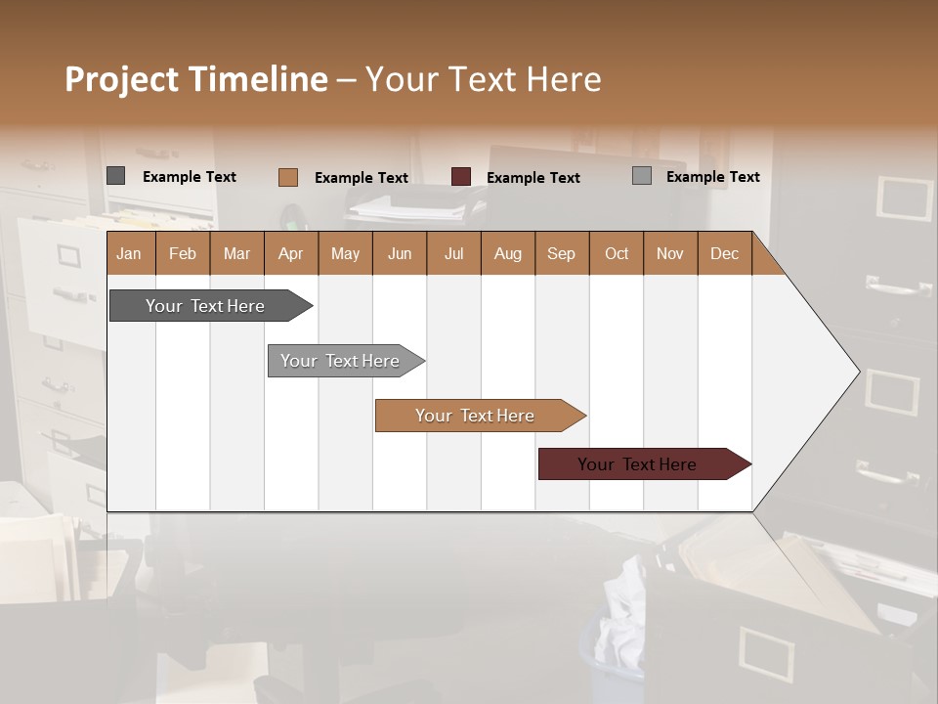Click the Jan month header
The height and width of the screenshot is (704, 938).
coord(130,253)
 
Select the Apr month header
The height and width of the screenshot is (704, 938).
coord(291,253)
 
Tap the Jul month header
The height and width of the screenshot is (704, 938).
coord(453,253)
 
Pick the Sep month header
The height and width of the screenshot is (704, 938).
coord(562,253)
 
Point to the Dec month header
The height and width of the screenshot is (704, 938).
coord(724,253)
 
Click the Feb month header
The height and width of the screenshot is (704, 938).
coord(183,253)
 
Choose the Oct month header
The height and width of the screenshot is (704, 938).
coord(617,253)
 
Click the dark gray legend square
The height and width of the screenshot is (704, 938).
coord(116,176)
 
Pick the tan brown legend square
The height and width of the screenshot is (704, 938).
coord(287,177)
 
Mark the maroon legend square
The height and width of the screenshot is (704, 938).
coord(461,177)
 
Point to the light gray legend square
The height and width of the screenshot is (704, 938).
coord(642,176)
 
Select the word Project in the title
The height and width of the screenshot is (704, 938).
coord(122,79)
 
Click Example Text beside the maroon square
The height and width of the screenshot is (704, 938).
coord(533,178)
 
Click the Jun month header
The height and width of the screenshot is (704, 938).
coord(400,253)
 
